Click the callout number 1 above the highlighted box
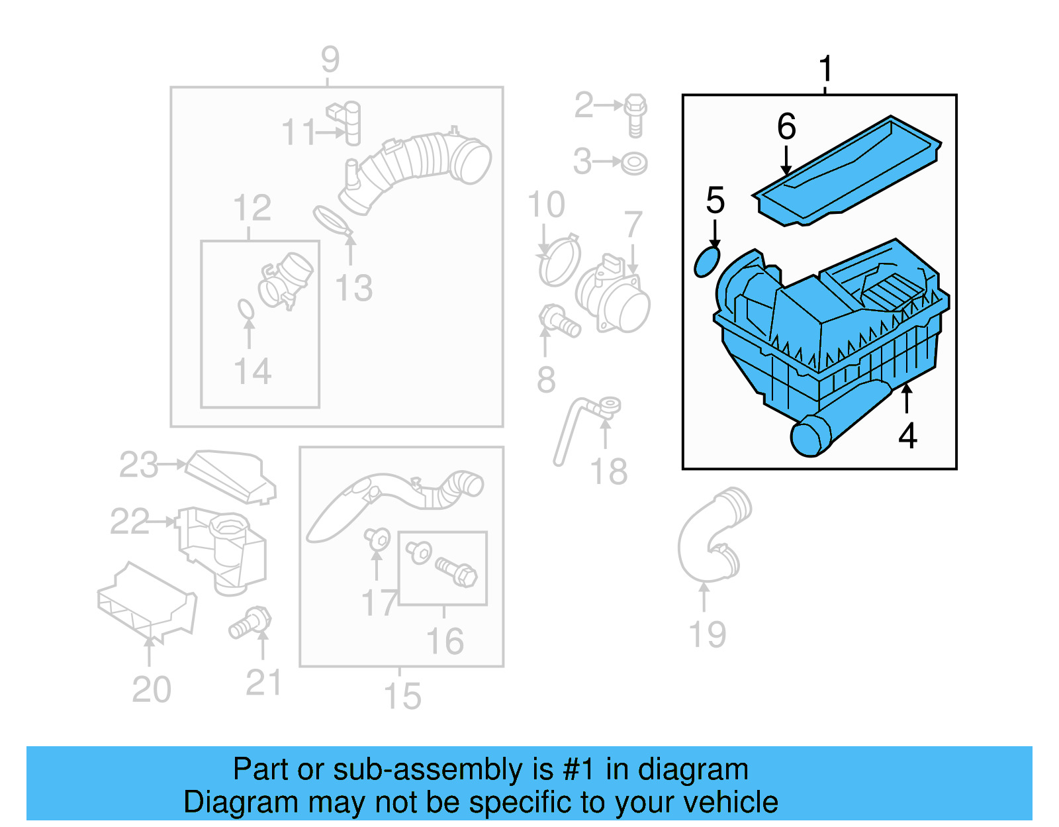(x=825, y=68)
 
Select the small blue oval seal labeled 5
(x=706, y=262)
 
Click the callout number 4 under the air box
(x=907, y=436)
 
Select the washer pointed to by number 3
(x=634, y=163)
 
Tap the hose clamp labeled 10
(x=560, y=261)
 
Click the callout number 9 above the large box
(x=330, y=60)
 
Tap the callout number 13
(x=354, y=288)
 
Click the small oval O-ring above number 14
(x=246, y=309)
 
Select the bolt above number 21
(x=252, y=622)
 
